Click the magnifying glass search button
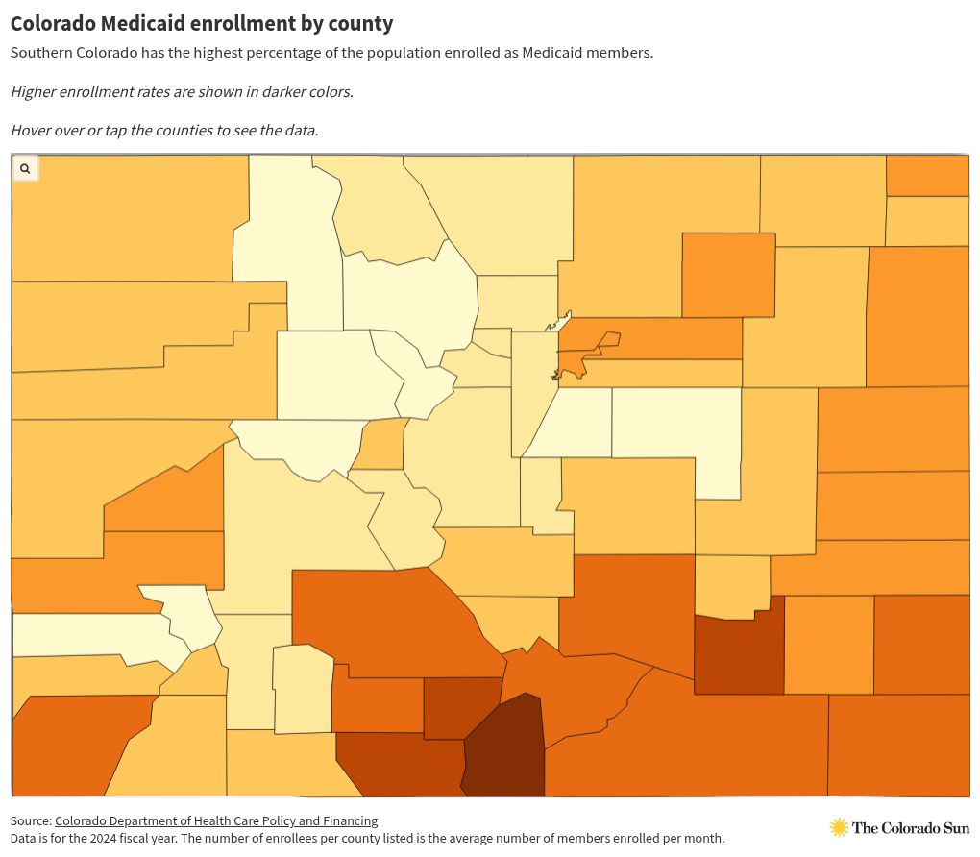pyautogui.click(x=25, y=168)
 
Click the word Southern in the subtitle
pyautogui.click(x=41, y=53)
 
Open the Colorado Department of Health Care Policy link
pyautogui.click(x=216, y=820)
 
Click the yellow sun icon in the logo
pyautogui.click(x=839, y=827)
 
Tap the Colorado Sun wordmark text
pyautogui.click(x=911, y=828)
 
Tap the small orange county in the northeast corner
pyautogui.click(x=927, y=176)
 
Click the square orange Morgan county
pyautogui.click(x=728, y=275)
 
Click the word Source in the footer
pyautogui.click(x=30, y=820)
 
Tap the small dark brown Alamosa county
pyautogui.click(x=461, y=708)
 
